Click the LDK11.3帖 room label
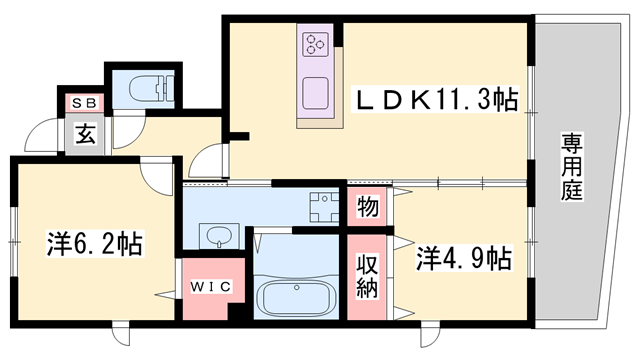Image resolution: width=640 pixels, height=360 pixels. (x=438, y=99)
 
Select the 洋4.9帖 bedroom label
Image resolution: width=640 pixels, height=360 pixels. (x=462, y=259)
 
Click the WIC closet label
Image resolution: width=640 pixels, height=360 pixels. (x=211, y=286)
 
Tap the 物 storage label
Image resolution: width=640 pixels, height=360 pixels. (x=367, y=207)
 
